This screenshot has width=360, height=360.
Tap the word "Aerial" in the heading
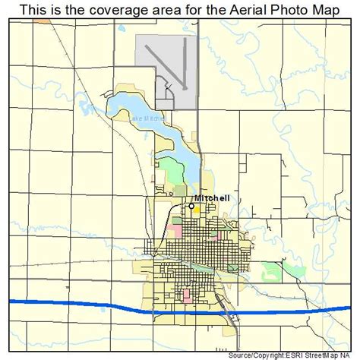[220, 10]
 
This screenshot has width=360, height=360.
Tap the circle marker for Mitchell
[191, 205]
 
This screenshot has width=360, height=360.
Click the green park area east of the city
[273, 269]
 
